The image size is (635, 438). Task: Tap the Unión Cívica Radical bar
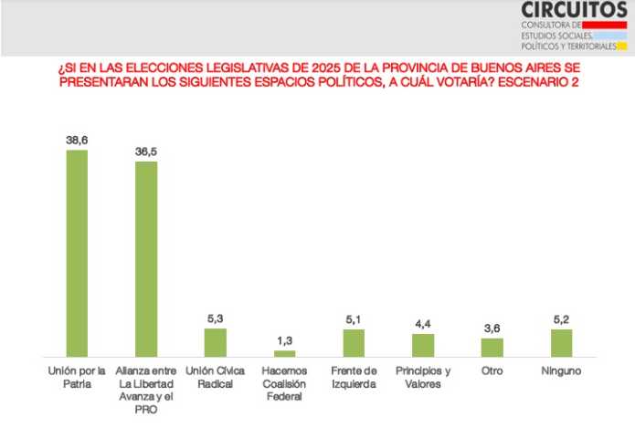click(215, 342)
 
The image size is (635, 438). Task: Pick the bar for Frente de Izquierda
click(354, 342)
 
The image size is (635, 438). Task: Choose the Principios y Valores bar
click(423, 344)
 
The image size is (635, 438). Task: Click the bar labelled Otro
click(492, 347)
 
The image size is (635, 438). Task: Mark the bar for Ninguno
click(561, 342)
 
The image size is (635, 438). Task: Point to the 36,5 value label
click(146, 152)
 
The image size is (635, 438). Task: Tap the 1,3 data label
click(284, 341)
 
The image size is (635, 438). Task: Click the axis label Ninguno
click(561, 371)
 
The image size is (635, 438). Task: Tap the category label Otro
click(492, 371)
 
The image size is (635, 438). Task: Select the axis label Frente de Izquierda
click(354, 377)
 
